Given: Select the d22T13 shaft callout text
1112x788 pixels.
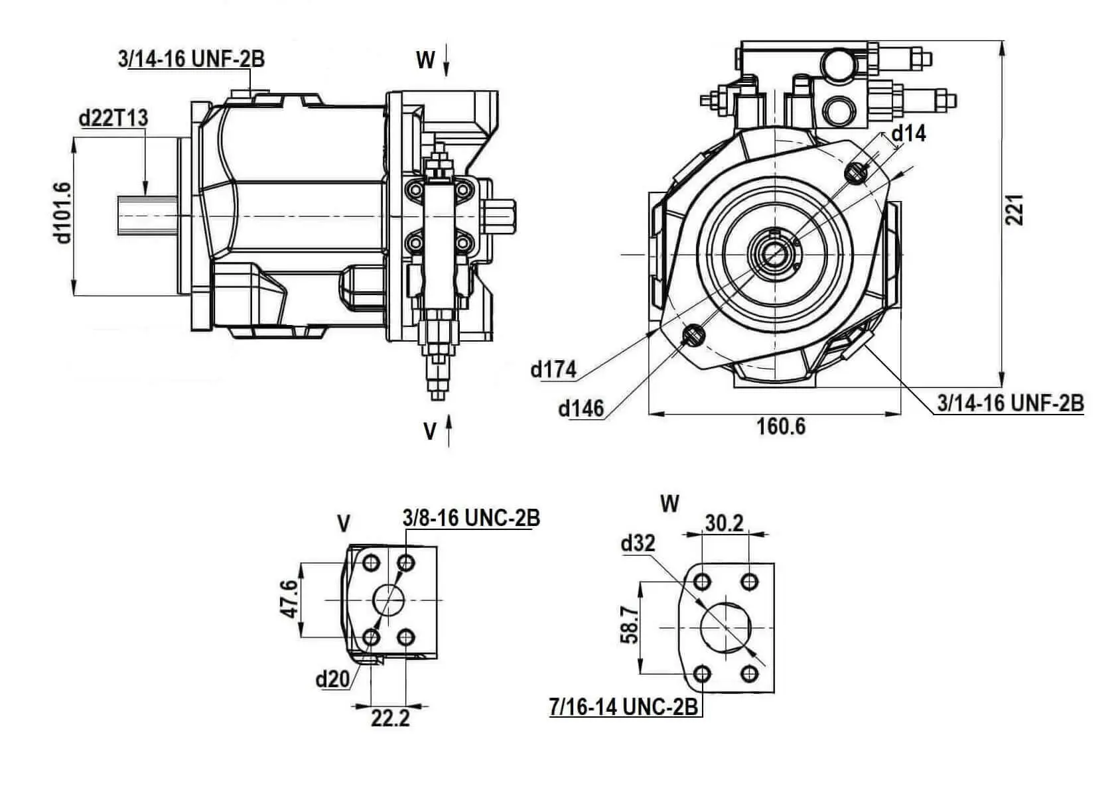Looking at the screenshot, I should tap(113, 118).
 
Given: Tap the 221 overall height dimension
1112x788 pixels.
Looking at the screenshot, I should tap(1016, 210).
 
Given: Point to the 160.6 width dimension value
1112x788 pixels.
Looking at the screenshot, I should tap(781, 427).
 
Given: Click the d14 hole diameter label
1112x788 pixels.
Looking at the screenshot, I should tap(908, 134).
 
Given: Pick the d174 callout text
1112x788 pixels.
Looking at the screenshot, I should tap(553, 369).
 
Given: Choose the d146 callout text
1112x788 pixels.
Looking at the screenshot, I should tap(581, 409).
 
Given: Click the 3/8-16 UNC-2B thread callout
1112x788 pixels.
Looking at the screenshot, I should tap(471, 518).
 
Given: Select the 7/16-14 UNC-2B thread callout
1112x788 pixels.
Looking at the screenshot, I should tap(624, 708).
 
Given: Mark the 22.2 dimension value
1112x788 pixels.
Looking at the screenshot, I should tap(390, 718).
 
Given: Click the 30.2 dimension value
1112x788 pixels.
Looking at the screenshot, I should tap(724, 523).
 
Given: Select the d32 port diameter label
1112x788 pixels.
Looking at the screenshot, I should tap(638, 544).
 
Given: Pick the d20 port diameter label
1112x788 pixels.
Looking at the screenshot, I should tap(332, 679).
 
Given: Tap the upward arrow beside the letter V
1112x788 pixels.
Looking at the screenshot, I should tap(449, 430).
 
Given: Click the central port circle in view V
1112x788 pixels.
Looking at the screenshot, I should tap(389, 600).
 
